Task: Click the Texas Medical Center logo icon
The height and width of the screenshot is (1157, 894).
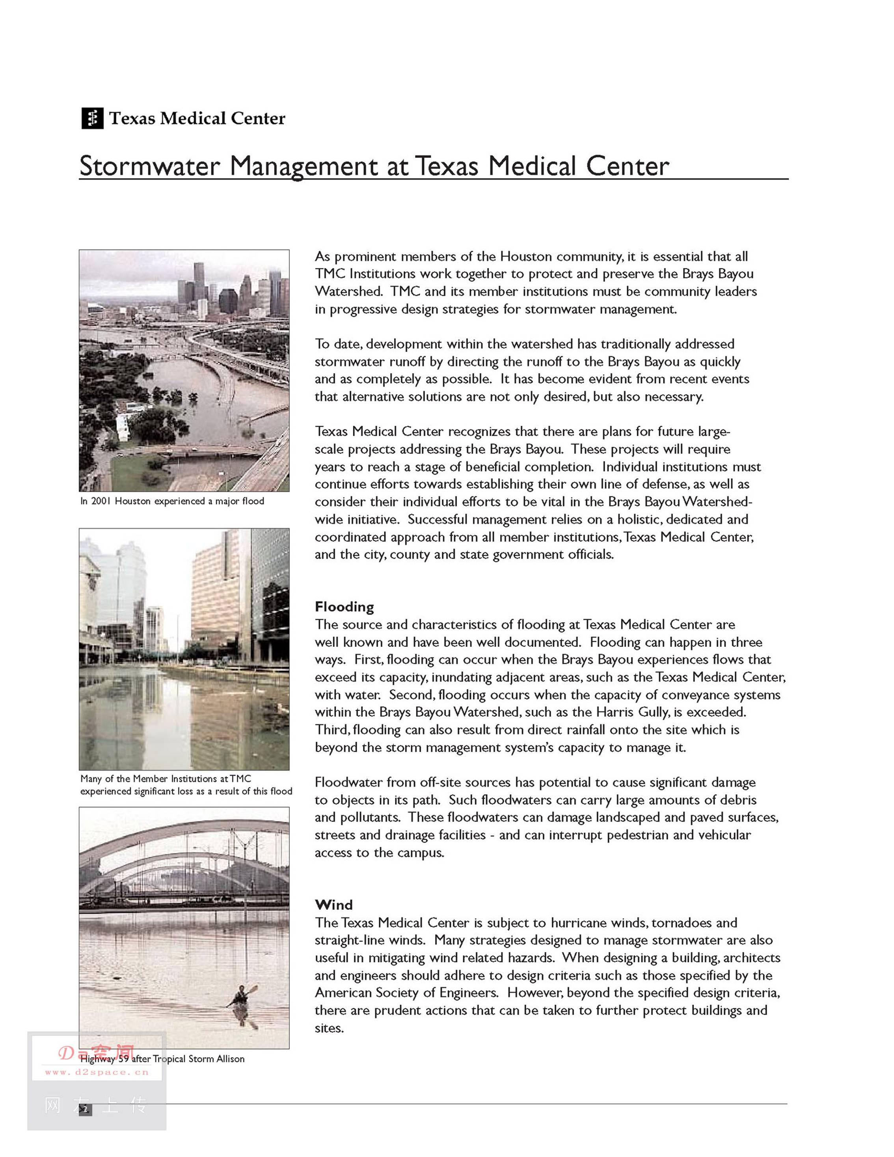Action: [92, 118]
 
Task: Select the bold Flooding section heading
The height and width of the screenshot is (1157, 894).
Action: [344, 606]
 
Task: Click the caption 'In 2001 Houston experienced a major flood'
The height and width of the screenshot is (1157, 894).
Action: [172, 501]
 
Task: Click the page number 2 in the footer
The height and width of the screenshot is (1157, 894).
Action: [85, 1109]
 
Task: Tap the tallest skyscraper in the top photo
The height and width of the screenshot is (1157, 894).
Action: [199, 281]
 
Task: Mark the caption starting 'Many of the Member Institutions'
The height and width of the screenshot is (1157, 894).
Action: [186, 785]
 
